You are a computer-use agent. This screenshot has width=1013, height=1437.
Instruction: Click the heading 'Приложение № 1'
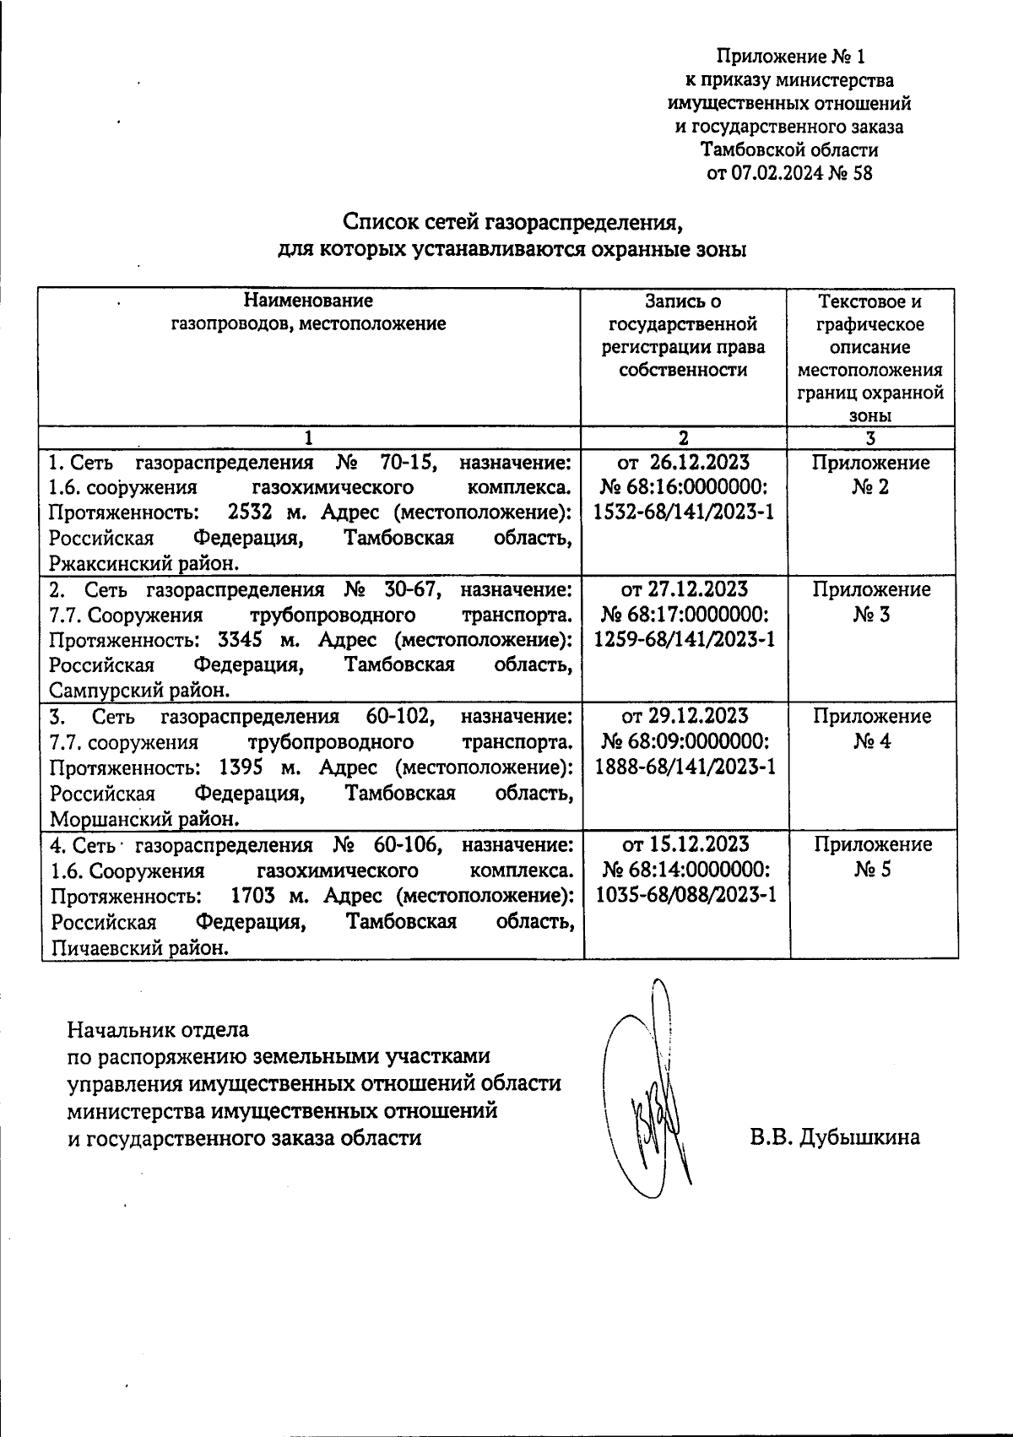coord(790,57)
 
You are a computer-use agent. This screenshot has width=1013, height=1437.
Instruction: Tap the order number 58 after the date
coord(862,175)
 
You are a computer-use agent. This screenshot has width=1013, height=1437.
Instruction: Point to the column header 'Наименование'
coord(308,301)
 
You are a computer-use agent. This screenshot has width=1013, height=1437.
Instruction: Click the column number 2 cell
coord(683,437)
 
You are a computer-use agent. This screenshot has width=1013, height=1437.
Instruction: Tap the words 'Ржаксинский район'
coord(144,564)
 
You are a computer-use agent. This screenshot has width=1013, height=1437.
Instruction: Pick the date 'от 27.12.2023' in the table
coord(685,589)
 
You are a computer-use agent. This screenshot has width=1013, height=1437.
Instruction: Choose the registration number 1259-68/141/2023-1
coord(685,640)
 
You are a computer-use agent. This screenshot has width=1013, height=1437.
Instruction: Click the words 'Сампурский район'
coord(139,691)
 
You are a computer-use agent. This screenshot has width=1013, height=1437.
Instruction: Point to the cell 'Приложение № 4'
coord(872,729)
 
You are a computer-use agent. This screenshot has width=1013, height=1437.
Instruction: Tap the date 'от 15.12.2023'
coord(685,844)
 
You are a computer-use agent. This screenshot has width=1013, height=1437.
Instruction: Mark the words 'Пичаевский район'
coord(140,948)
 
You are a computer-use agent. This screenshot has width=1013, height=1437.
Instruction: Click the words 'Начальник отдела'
coord(158,1030)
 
